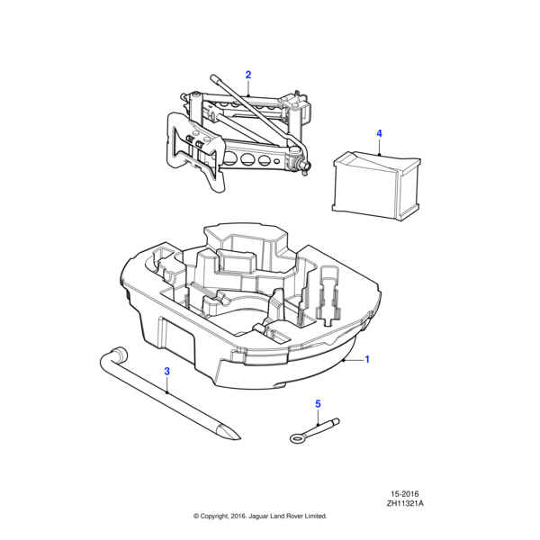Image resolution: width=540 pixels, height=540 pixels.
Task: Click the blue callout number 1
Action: (x=366, y=360)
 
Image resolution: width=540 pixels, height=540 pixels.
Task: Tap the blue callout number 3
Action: (x=166, y=372)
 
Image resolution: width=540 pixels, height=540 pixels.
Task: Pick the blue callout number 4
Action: (x=379, y=134)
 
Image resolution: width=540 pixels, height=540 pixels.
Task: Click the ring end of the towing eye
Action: (x=298, y=438)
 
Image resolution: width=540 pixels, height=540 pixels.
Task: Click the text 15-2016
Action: (x=406, y=494)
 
